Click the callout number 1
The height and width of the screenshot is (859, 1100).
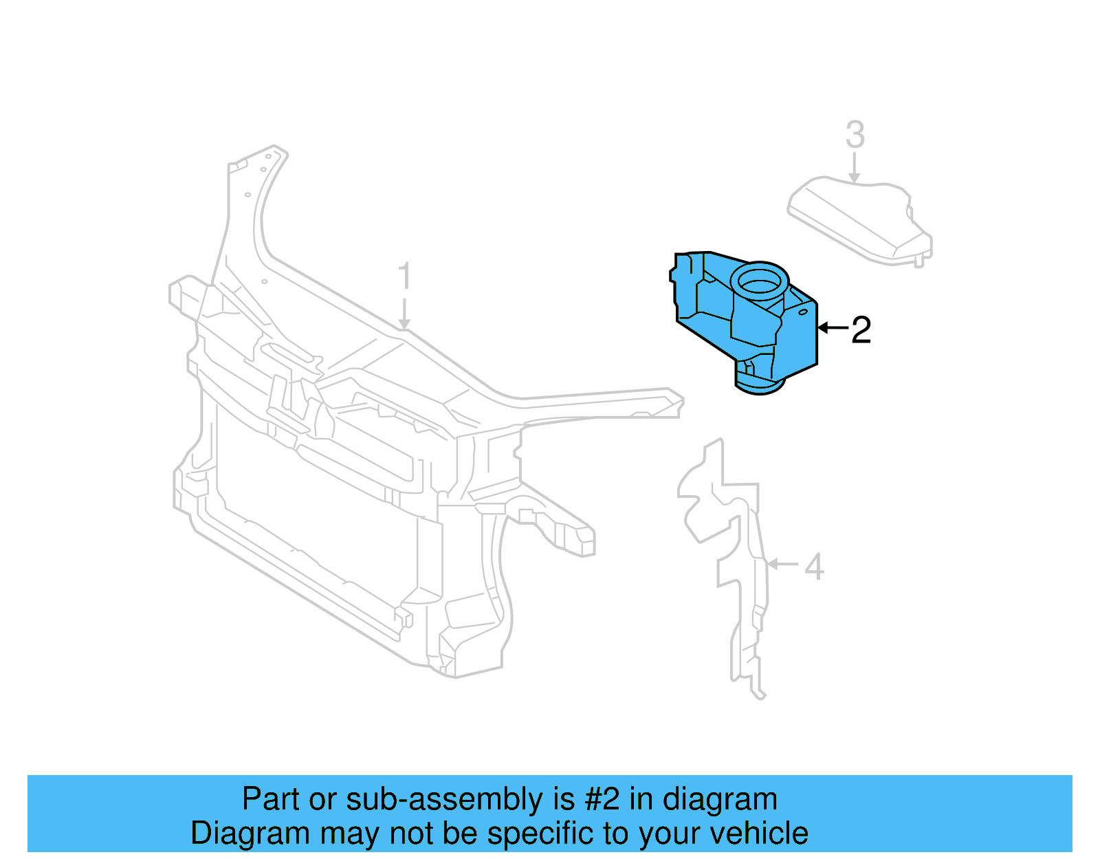pos(405,276)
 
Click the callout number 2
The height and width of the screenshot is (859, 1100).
pos(861,330)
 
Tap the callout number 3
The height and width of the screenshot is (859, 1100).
pos(855,135)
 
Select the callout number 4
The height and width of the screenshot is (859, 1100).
pos(814,567)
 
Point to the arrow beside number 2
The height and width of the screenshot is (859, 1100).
pos(832,328)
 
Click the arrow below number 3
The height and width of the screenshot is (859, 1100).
pos(855,168)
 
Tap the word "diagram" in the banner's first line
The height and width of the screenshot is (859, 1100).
pos(720,800)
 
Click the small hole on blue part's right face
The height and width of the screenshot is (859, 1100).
pos(802,312)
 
